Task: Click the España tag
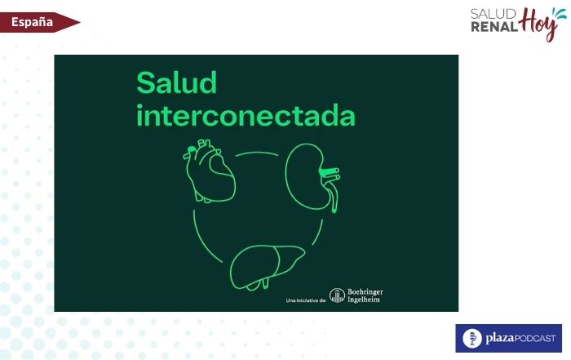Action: (x=33, y=22)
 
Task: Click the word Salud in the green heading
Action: (x=176, y=83)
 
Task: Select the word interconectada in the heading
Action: (x=246, y=116)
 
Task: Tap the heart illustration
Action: (x=209, y=172)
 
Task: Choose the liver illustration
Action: (x=267, y=264)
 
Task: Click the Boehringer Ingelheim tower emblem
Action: (x=336, y=296)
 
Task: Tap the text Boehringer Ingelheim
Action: (x=364, y=296)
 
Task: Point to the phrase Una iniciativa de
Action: (x=306, y=301)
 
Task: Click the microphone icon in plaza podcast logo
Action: (x=471, y=338)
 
